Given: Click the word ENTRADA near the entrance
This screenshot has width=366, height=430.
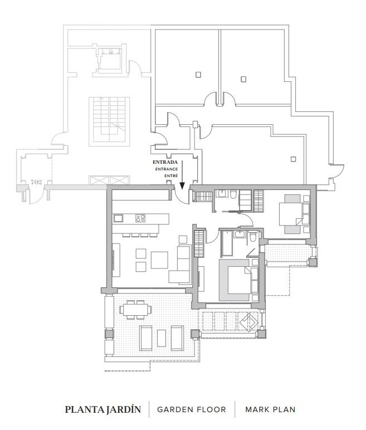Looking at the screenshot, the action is coord(165,162).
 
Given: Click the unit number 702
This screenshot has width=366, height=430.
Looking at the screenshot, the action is coord(36,182).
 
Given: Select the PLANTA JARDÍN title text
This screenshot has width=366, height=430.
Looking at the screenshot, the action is coord(103,409).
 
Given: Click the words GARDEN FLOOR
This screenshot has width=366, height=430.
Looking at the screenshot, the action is coord(192,410).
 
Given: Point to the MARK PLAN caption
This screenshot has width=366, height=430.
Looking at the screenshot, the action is coord(270,410).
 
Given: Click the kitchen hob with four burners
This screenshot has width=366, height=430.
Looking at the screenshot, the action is coord(140,218).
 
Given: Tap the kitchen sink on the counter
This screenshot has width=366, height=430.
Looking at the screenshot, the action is coord(118,218).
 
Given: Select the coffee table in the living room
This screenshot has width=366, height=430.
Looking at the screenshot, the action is coord(159,260).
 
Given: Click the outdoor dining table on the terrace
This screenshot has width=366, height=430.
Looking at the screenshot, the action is coord(135,310).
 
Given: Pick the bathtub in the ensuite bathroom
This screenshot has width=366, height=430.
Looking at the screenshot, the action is coord(227,243).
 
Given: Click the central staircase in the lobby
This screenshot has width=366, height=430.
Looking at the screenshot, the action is coord(109,120).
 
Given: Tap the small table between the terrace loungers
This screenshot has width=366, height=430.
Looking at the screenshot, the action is coord(162,338).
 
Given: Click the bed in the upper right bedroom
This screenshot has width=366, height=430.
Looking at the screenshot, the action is coord(295,214).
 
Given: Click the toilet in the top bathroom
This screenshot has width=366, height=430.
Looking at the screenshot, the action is coord(233,194).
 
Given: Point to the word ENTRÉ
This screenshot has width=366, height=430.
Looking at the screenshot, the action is coord(171,176).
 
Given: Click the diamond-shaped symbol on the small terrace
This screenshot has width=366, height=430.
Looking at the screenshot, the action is coord(249,322).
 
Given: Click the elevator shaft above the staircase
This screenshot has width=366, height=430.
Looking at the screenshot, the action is coord(110,60).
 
